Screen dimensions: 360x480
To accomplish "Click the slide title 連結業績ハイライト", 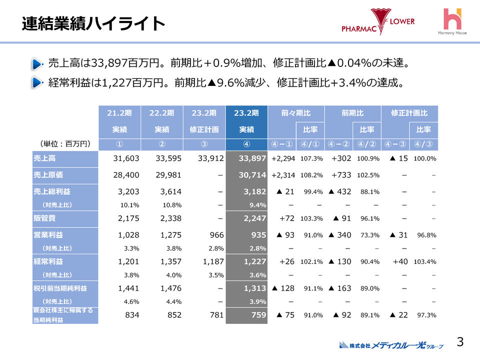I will (93, 23).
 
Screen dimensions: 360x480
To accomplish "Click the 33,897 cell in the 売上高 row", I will (247, 158).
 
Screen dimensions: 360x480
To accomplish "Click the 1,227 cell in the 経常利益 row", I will (247, 261).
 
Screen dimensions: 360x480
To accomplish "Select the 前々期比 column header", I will (296, 113).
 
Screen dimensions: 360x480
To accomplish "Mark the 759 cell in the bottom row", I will (247, 315).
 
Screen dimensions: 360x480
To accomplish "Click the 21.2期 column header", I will (119, 113).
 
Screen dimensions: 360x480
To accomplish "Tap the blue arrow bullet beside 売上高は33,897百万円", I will (36, 64).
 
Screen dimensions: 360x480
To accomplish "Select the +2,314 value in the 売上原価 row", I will (283, 175).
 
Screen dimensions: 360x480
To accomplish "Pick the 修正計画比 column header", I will (409, 113).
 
